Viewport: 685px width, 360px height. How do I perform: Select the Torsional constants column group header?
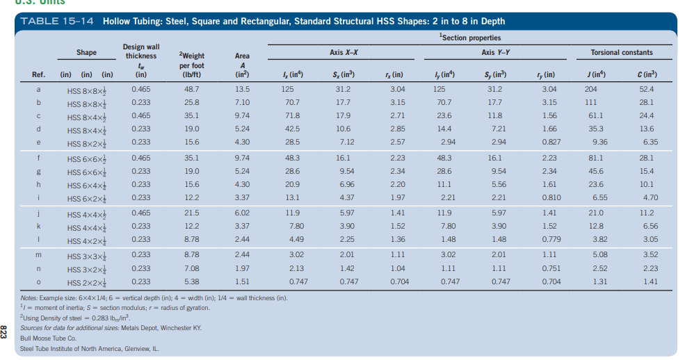tap(621, 52)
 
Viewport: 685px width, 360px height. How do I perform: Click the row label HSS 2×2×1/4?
tap(87, 282)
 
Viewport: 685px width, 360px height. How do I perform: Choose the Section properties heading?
tap(469, 37)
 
